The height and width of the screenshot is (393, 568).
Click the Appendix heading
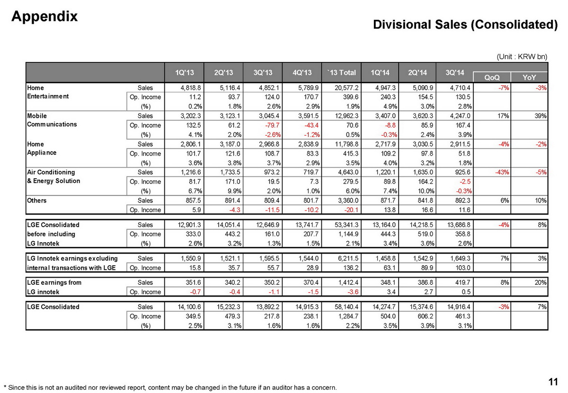click(x=44, y=16)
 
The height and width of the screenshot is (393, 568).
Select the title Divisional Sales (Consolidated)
click(x=465, y=25)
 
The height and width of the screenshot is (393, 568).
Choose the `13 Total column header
click(x=341, y=72)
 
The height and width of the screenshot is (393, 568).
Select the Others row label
click(x=37, y=201)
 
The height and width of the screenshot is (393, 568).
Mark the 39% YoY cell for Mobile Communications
click(x=540, y=116)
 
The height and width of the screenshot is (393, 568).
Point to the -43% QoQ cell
click(x=502, y=172)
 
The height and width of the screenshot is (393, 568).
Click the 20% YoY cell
click(x=540, y=282)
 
